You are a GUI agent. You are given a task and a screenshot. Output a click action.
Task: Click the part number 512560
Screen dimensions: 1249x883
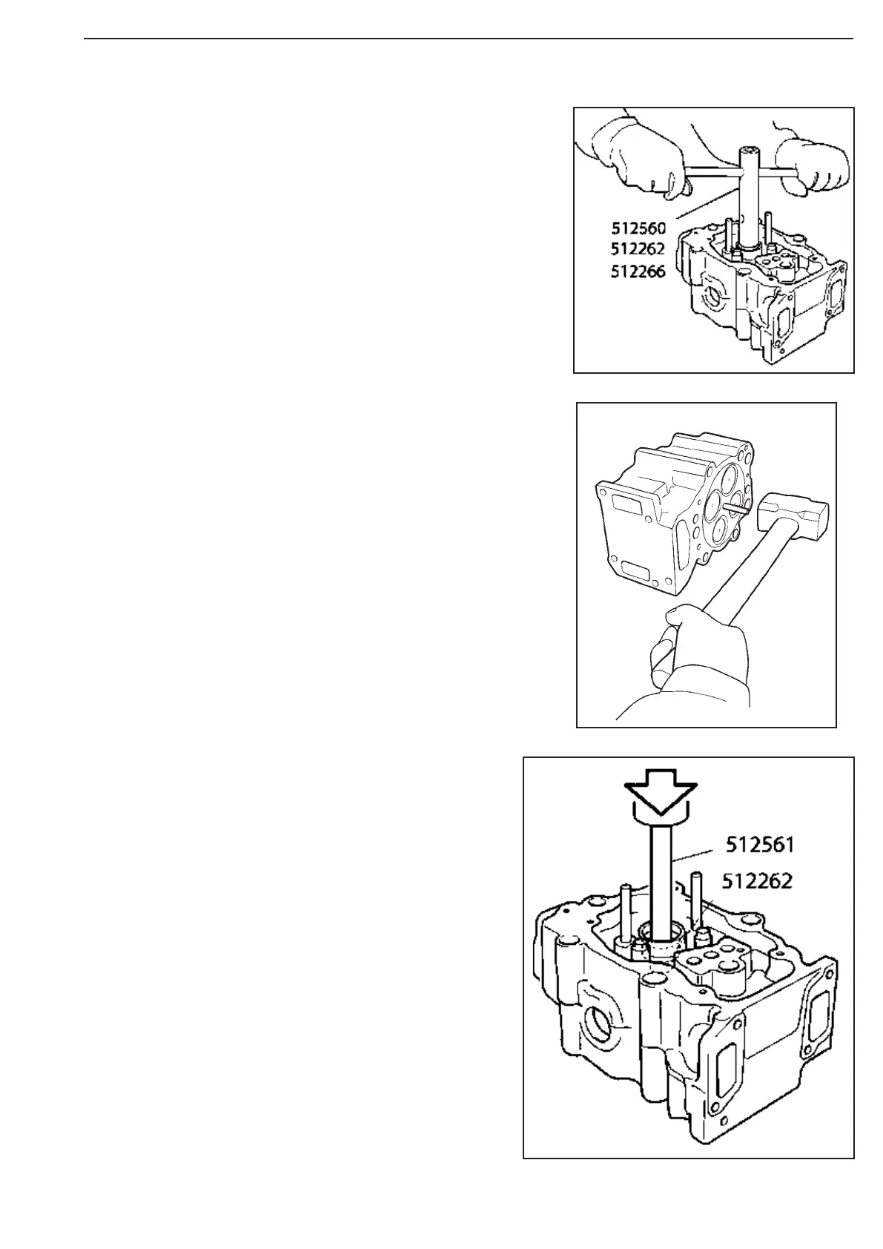[x=638, y=228]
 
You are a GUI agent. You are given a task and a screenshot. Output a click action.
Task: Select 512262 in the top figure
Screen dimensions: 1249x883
[x=638, y=249]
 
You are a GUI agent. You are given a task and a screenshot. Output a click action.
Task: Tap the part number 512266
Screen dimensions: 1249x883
[x=638, y=271]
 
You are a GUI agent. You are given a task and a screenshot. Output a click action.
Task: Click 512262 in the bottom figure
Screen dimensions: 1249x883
[x=758, y=881]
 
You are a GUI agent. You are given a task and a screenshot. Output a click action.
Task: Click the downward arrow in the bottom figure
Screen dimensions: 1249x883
[x=660, y=797]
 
